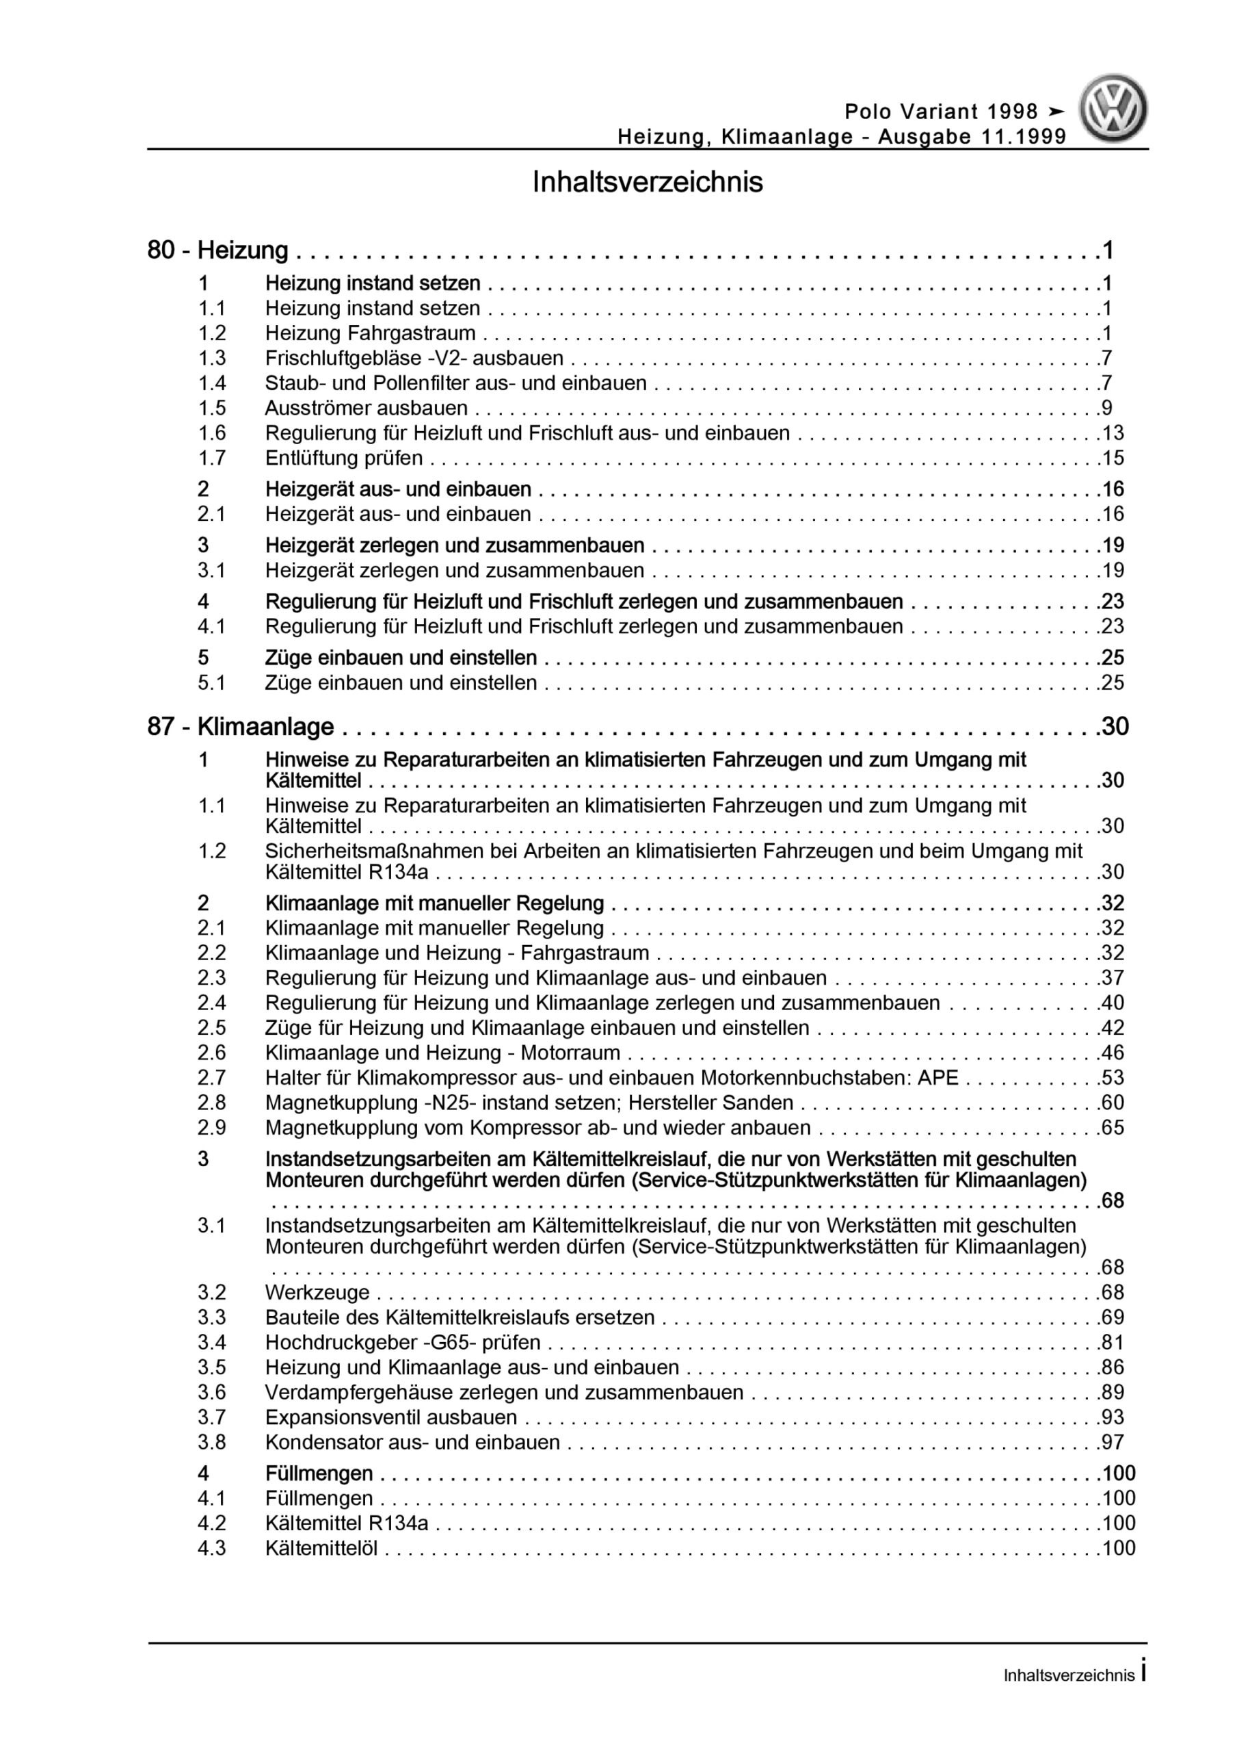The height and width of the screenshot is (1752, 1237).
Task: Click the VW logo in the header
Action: [1113, 109]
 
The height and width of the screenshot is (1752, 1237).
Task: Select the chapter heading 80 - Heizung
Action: [218, 250]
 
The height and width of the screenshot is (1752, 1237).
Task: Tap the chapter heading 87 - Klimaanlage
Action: [241, 726]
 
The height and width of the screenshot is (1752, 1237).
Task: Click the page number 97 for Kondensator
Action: [1113, 1442]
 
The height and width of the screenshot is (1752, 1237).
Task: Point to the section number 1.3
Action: [212, 358]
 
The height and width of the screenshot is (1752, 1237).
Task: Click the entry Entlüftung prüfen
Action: [344, 458]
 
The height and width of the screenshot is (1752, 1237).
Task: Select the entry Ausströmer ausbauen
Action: [366, 407]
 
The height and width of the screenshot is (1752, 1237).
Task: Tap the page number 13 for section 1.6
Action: [1113, 433]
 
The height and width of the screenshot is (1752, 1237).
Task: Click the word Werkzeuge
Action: [317, 1293]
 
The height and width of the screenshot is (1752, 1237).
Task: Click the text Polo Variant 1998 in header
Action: [941, 112]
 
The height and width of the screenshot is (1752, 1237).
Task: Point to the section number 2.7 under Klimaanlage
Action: [212, 1077]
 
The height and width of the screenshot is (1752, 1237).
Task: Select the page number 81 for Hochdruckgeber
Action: [1113, 1342]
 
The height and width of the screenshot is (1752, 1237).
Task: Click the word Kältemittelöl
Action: [321, 1548]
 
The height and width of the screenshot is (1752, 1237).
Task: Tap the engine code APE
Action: [938, 1077]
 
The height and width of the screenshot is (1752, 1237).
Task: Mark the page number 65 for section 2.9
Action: [1113, 1128]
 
